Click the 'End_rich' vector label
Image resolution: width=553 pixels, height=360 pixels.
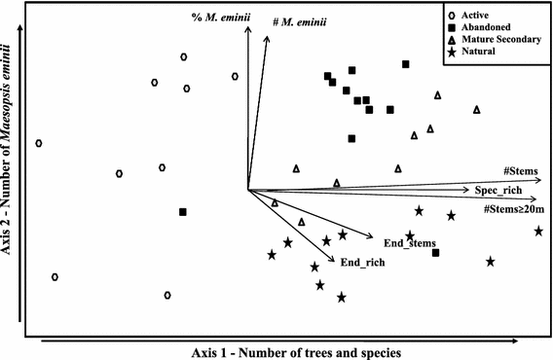359,262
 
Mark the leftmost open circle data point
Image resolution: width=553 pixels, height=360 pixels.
39,143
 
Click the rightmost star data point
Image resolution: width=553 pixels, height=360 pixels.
538,231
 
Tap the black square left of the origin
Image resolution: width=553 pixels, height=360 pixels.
182,211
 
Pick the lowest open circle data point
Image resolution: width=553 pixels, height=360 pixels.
167,294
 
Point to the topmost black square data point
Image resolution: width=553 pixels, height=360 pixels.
405,64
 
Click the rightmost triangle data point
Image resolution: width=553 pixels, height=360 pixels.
476,110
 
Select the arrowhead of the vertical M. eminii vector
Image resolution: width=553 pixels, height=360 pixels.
248,29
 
